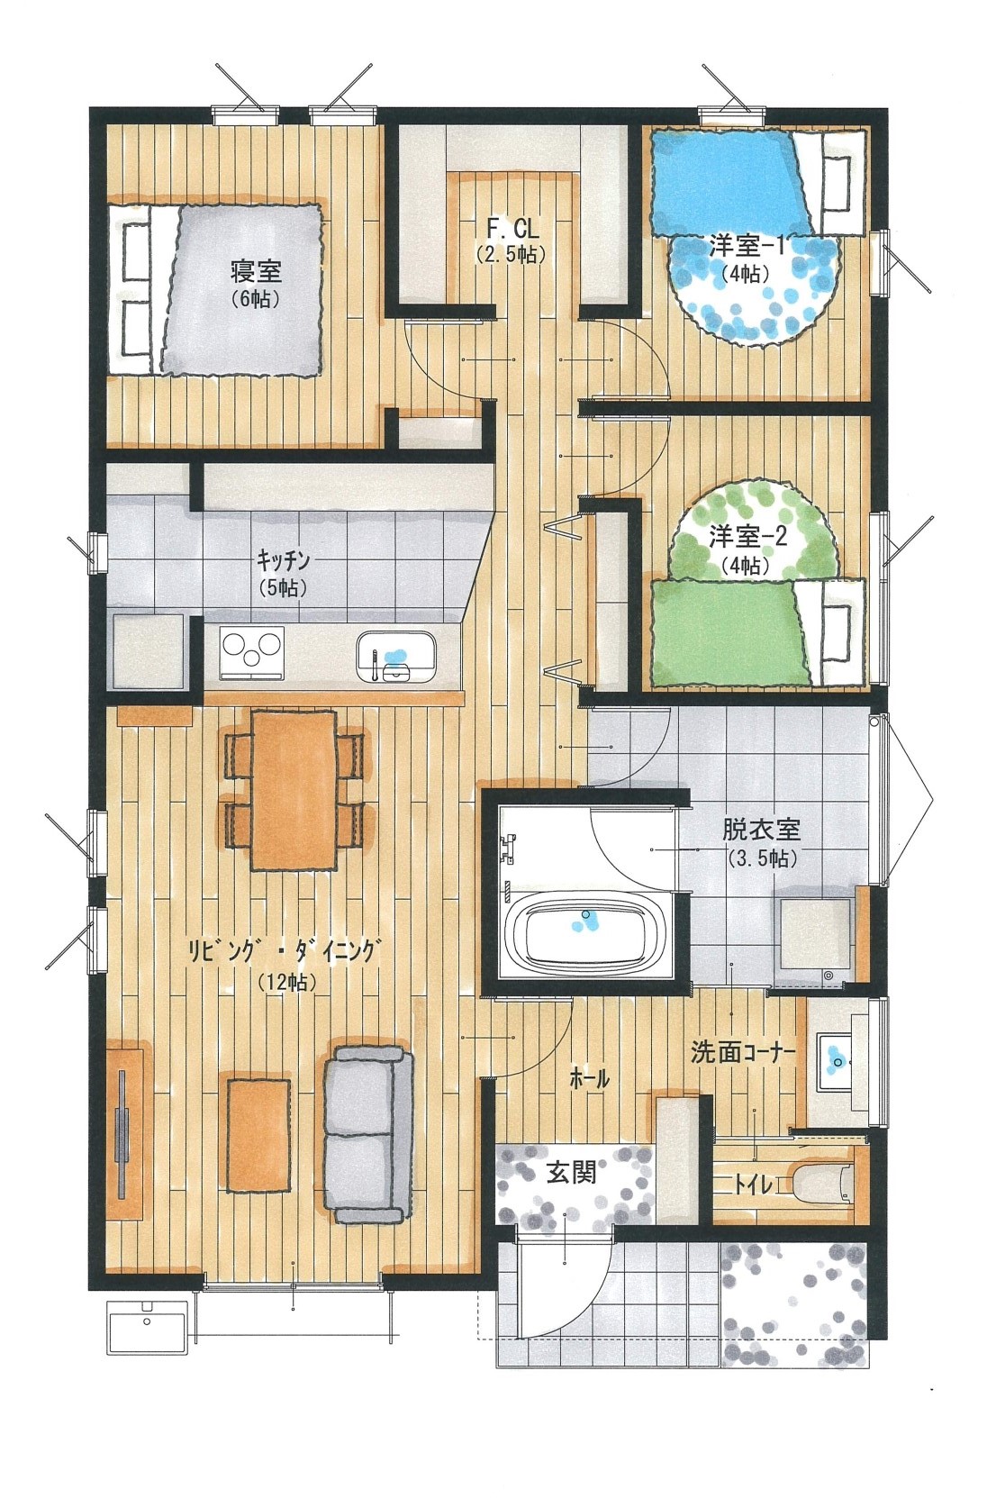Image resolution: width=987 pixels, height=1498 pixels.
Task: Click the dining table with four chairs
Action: pos(294,791)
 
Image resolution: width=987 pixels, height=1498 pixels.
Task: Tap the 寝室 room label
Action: pos(256,271)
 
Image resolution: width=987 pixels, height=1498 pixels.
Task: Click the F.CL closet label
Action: pos(512,230)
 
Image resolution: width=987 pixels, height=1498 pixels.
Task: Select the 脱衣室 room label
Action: pos(762,830)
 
